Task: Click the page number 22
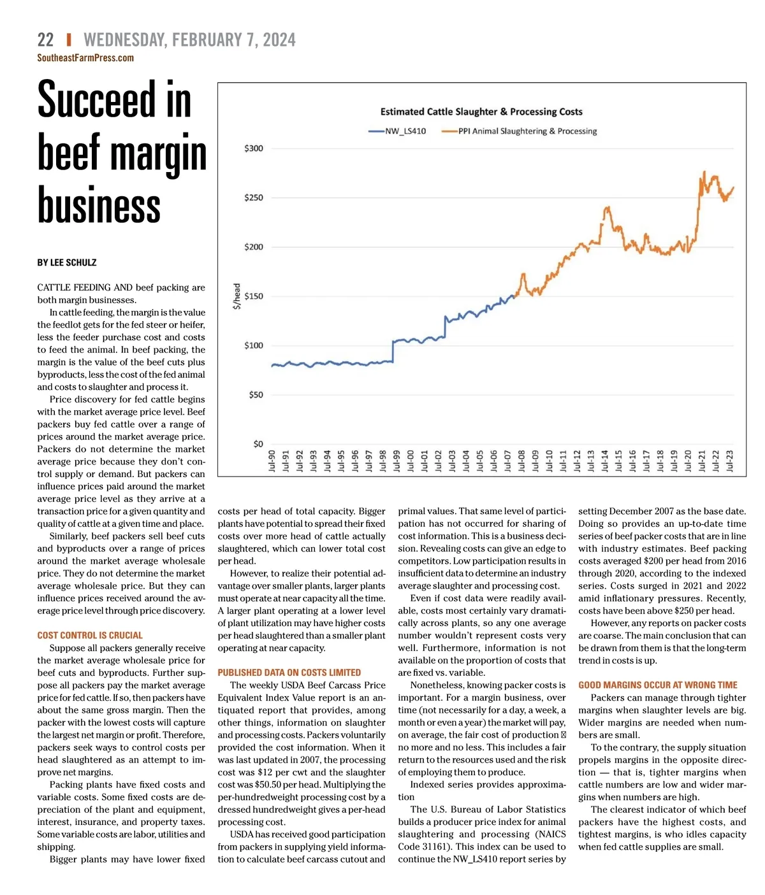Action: pyautogui.click(x=45, y=40)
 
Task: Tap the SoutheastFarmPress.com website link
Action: pyautogui.click(x=85, y=58)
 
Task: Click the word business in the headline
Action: pyautogui.click(x=99, y=206)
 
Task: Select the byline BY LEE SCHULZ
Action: pyautogui.click(x=67, y=262)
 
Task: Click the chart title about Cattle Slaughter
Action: pyautogui.click(x=481, y=111)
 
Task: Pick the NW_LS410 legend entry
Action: pyautogui.click(x=398, y=131)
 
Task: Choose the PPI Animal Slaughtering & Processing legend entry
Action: pyautogui.click(x=520, y=131)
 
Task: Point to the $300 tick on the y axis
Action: pyautogui.click(x=254, y=148)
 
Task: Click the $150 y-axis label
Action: pyautogui.click(x=254, y=296)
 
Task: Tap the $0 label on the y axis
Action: pyautogui.click(x=258, y=444)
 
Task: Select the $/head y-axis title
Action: pyautogui.click(x=237, y=296)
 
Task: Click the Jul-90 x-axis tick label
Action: pyautogui.click(x=272, y=461)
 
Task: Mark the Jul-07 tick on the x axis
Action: pyautogui.click(x=508, y=461)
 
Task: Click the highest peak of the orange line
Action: pyautogui.click(x=704, y=171)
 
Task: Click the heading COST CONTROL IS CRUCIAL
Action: pyautogui.click(x=90, y=635)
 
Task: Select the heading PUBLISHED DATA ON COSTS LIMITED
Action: pyautogui.click(x=289, y=673)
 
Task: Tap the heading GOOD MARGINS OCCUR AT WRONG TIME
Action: pyautogui.click(x=658, y=685)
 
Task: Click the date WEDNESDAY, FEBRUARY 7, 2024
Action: pyautogui.click(x=189, y=40)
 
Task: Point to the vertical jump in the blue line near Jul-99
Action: pyautogui.click(x=393, y=352)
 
